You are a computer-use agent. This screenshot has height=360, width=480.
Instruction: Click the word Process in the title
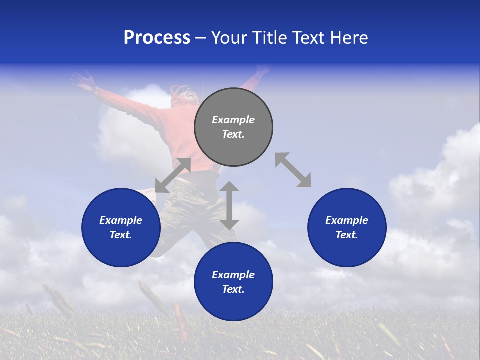[x=157, y=38]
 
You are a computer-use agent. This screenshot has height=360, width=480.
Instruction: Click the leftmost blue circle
[x=121, y=250]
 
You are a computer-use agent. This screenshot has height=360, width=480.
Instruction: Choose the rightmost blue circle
[x=347, y=250]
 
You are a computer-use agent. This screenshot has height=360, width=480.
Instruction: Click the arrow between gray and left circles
[x=173, y=175]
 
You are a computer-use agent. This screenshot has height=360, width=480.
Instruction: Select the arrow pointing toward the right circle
[x=293, y=170]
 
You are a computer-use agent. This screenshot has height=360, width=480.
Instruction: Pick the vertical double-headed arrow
[x=229, y=205]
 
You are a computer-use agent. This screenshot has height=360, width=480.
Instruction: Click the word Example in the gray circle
[x=233, y=120]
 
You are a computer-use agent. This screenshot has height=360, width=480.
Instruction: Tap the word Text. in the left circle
[x=121, y=235]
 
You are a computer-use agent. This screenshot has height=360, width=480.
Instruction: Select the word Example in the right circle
[x=347, y=220]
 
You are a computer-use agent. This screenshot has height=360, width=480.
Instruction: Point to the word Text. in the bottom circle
[x=233, y=289]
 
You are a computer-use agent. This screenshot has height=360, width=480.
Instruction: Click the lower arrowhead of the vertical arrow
[x=229, y=223]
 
